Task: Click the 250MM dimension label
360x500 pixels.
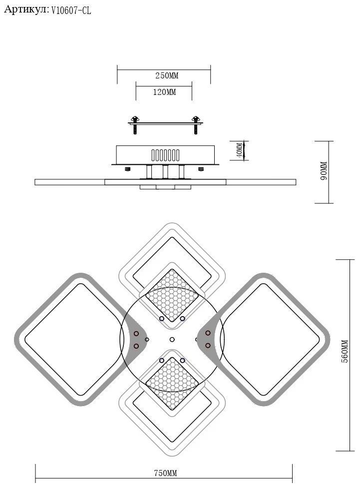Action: [167, 75]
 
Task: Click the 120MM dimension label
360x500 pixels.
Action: [165, 92]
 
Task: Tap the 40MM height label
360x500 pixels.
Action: [240, 150]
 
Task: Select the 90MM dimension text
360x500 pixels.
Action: [324, 171]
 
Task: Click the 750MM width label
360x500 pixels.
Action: [165, 473]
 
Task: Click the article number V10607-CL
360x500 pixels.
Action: [71, 10]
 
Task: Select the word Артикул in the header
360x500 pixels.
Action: [25, 10]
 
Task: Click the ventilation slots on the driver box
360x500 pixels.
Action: [165, 155]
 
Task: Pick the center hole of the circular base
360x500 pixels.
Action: [172, 340]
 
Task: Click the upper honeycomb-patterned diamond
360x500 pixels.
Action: [172, 296]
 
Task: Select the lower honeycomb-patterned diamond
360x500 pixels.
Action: [172, 384]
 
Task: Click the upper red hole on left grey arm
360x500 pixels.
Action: [136, 334]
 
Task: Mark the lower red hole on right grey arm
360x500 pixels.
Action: [208, 346]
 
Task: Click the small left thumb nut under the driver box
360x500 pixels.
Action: [127, 169]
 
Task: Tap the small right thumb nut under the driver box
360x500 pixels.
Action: [201, 169]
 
